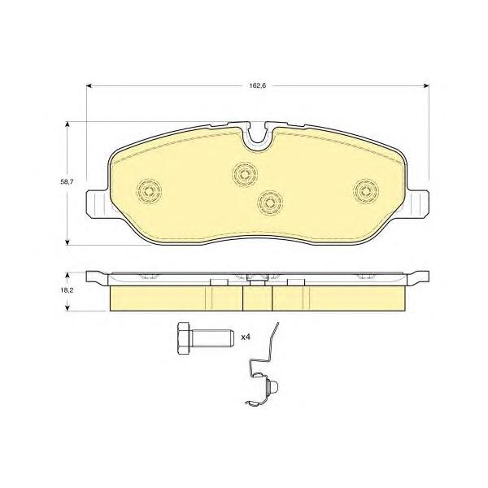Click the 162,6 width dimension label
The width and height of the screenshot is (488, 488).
[x=257, y=85]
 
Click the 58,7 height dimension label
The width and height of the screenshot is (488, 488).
[x=67, y=182]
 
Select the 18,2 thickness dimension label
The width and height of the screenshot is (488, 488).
[x=67, y=290]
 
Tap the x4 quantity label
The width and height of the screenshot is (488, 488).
[x=246, y=337]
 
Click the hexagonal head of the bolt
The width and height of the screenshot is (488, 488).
[x=185, y=338]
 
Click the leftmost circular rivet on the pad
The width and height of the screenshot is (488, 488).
[x=149, y=191]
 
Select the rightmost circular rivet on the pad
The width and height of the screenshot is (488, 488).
[x=366, y=191]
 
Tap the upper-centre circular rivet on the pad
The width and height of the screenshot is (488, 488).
[x=245, y=174]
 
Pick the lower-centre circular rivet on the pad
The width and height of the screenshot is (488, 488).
[x=270, y=203]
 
